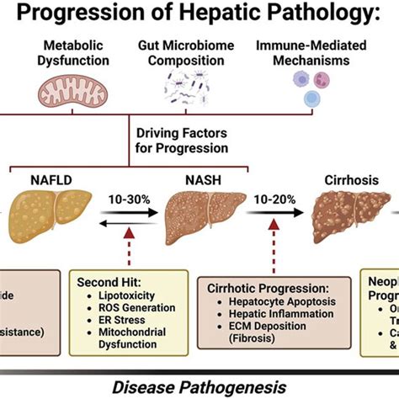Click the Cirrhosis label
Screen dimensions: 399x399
coord(348,178)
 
